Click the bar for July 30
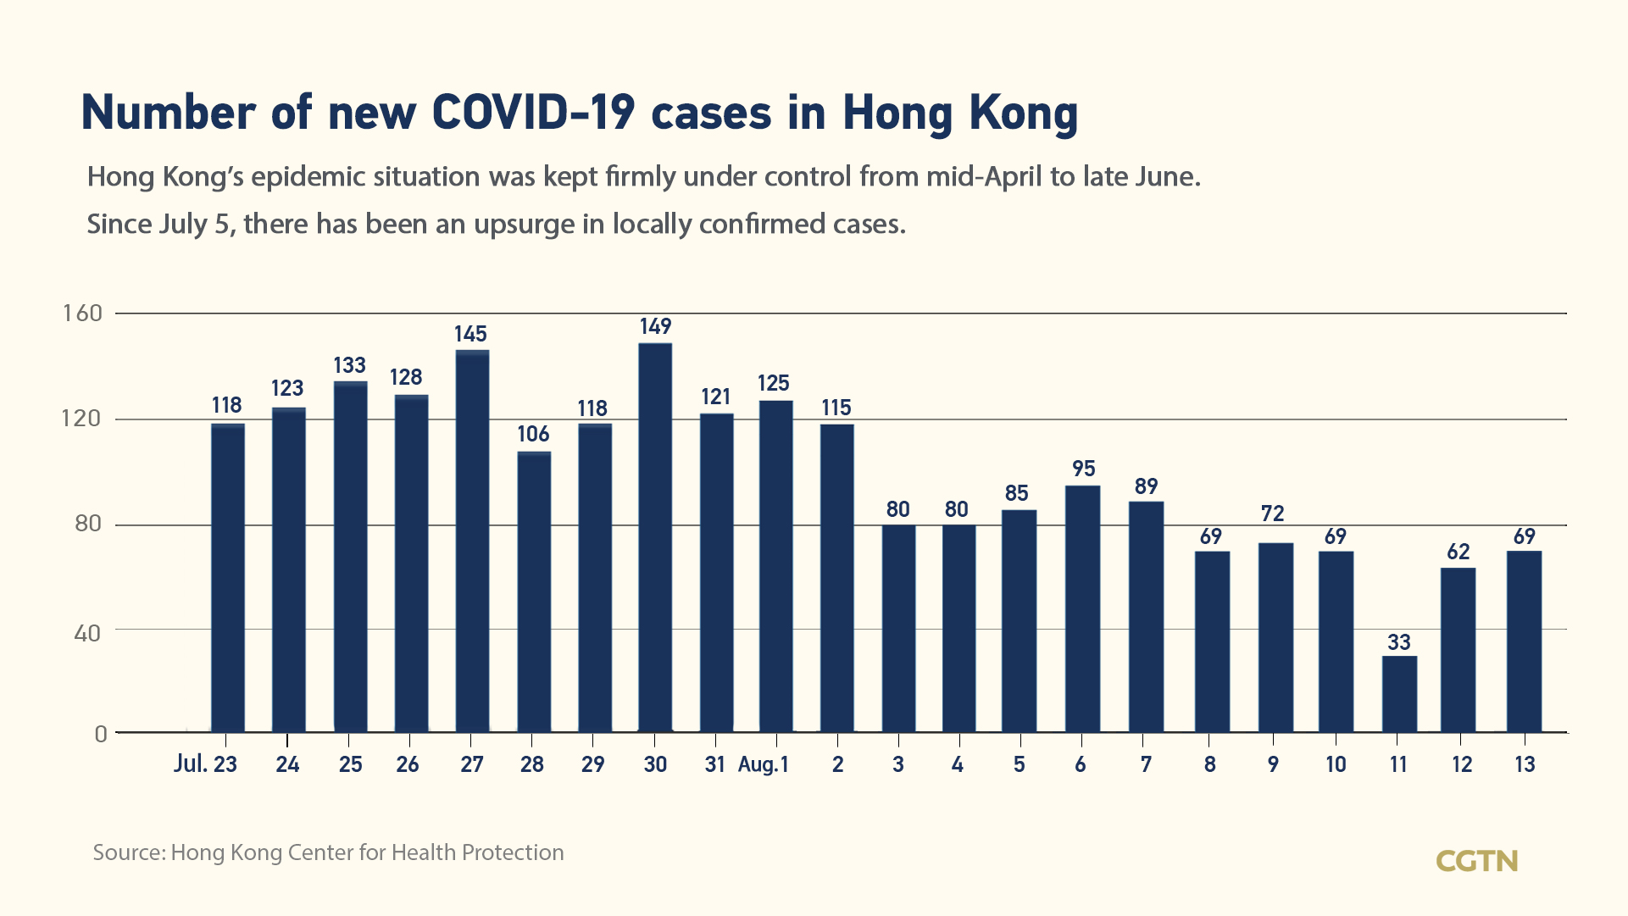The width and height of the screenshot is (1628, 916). [655, 537]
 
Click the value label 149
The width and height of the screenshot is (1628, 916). [655, 327]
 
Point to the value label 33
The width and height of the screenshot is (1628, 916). [1399, 642]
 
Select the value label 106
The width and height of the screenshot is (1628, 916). [533, 435]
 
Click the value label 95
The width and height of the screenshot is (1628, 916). [1083, 469]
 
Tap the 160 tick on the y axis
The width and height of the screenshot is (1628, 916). [82, 314]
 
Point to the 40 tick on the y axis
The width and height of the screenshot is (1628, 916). [87, 633]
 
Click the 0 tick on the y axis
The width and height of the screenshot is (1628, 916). [101, 734]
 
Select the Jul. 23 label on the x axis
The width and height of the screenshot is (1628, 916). [205, 764]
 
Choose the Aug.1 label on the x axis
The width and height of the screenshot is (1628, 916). [763, 764]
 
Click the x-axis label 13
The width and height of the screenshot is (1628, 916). [1525, 764]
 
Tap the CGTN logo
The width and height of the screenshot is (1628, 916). [1476, 861]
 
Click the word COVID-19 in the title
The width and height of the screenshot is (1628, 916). [533, 113]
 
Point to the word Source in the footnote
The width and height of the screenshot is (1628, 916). [129, 852]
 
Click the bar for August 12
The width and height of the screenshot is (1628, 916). [1458, 650]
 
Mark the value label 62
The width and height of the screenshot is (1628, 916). [1458, 552]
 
